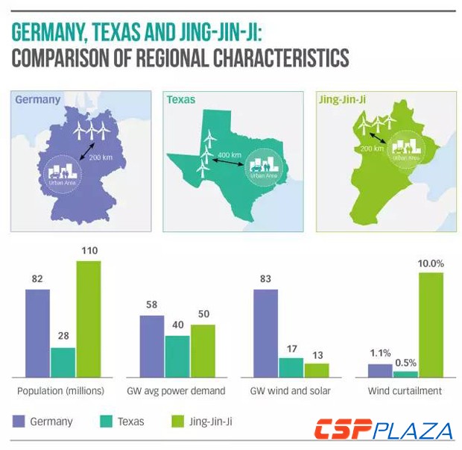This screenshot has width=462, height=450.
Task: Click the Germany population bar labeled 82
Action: coord(37,333)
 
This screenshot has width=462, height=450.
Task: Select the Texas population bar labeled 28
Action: coord(63,362)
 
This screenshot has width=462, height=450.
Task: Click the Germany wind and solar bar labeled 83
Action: coord(266,333)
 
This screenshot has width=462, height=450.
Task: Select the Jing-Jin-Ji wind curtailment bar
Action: coord(431,325)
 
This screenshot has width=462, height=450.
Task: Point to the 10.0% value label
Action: coord(431,263)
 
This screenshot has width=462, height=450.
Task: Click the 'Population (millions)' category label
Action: coord(60,391)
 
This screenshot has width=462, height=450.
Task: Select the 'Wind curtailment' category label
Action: coord(405,391)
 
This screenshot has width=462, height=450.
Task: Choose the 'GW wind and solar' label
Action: coord(291,391)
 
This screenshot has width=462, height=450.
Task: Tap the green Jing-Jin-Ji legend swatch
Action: coord(179,422)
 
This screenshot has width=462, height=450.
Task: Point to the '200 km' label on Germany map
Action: coord(99,159)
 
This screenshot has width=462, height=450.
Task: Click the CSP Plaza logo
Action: coord(383,431)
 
